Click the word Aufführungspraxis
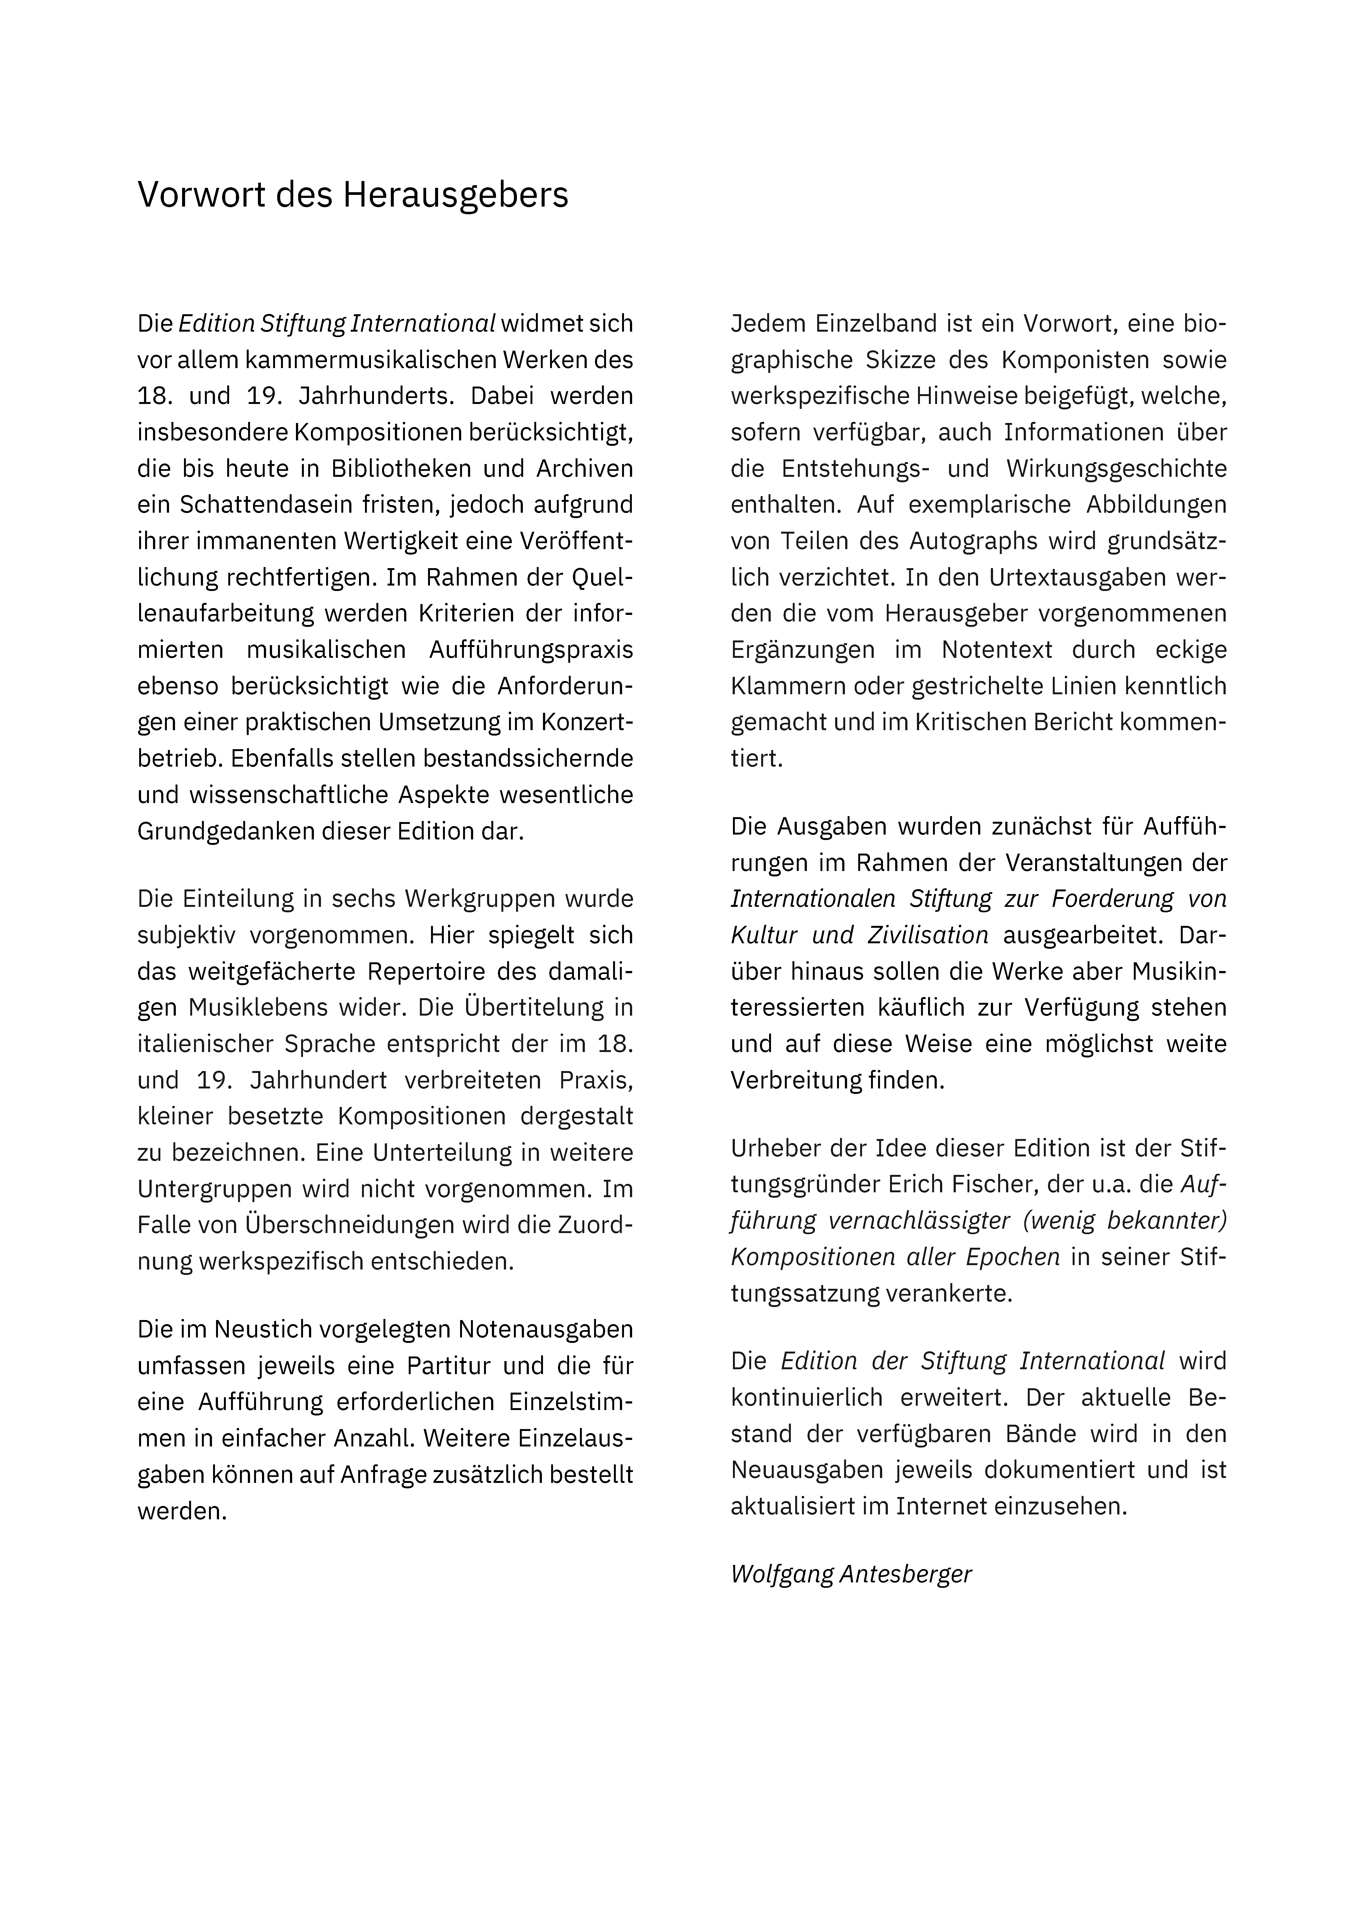point(531,649)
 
